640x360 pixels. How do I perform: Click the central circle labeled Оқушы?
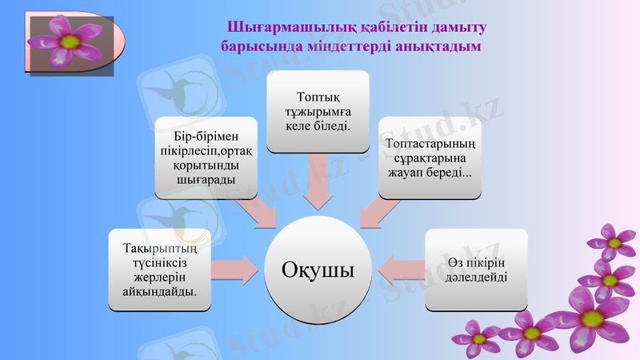318,270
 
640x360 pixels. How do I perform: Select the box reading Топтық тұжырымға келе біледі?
318,111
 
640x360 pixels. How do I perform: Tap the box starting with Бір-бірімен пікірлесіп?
206,158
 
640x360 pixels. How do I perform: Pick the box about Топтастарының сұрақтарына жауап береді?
430,158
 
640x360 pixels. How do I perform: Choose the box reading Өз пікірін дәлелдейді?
476,270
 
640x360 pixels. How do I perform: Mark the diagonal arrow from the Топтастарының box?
380,211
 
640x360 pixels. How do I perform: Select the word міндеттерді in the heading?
353,46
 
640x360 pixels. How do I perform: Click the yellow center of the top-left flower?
70,39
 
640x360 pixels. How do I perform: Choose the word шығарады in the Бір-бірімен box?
206,180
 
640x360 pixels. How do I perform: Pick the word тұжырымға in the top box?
318,111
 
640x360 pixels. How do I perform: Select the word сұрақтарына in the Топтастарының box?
430,158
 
